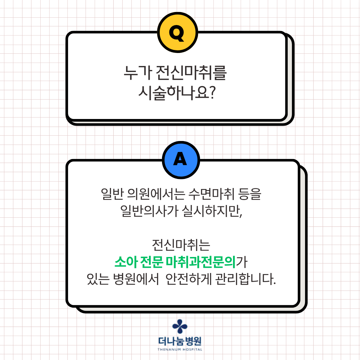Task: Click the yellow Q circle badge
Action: coord(178,32)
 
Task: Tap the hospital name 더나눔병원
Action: coord(180,341)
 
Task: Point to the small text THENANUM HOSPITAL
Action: coord(180,349)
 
